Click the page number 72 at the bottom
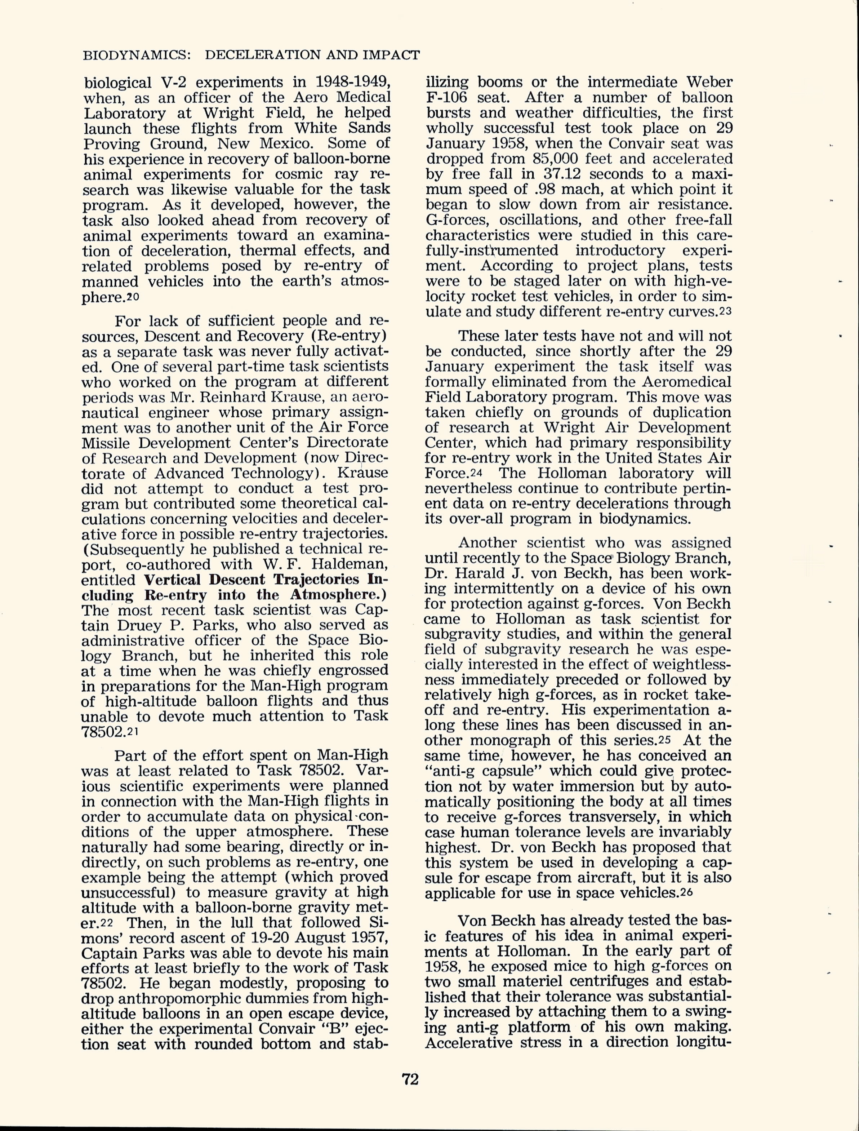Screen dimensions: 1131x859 410,1079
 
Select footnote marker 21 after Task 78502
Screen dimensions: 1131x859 133,732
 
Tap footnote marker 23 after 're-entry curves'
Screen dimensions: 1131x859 726,312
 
